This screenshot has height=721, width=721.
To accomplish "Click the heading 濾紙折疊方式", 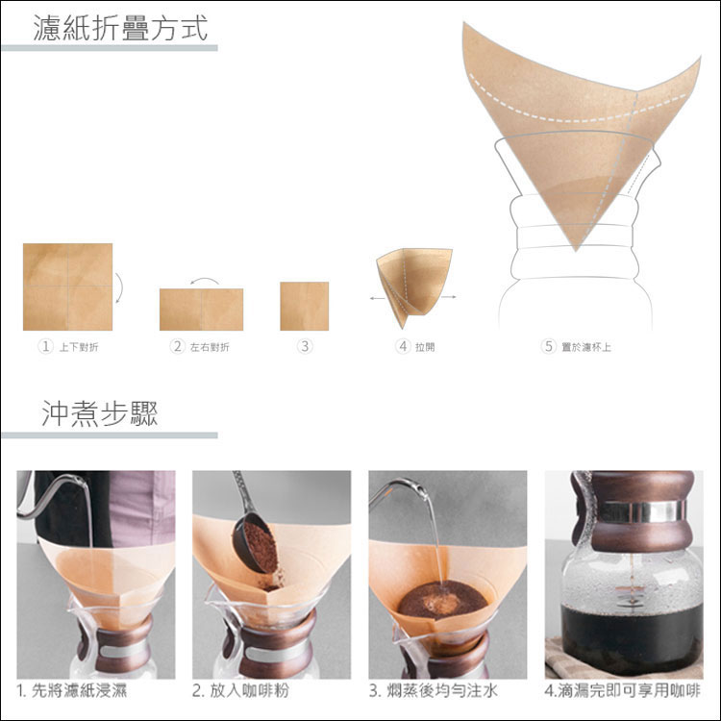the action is [120, 28].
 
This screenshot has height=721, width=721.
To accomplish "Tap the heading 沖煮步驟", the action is [100, 413].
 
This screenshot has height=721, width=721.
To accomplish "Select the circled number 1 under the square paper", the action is [45, 346].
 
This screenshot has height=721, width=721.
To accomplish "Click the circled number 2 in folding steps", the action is [177, 346].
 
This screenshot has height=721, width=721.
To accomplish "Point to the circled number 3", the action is [304, 346].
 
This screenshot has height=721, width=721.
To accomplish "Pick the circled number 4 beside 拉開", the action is [403, 346].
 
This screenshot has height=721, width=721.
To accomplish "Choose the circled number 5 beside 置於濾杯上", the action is [549, 346].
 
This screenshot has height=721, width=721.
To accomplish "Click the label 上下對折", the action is [79, 347].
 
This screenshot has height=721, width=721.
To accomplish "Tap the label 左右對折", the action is [210, 347].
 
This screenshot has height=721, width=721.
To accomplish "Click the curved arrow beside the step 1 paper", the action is [120, 287].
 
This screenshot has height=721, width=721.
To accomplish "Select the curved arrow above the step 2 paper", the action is [205, 280].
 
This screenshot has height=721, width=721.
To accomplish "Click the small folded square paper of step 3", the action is [305, 307].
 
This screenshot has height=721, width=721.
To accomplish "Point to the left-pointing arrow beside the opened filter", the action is [378, 298].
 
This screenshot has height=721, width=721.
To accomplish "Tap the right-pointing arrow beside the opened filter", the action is [449, 297].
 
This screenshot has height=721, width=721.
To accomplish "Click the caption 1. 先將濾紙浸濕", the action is [72, 690].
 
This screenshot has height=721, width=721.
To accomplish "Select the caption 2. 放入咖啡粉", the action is [240, 690].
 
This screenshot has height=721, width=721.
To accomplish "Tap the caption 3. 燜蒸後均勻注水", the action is [434, 690].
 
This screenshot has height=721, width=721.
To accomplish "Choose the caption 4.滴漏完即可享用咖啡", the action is [623, 690].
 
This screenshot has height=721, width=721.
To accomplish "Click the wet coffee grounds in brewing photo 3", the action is [442, 600].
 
